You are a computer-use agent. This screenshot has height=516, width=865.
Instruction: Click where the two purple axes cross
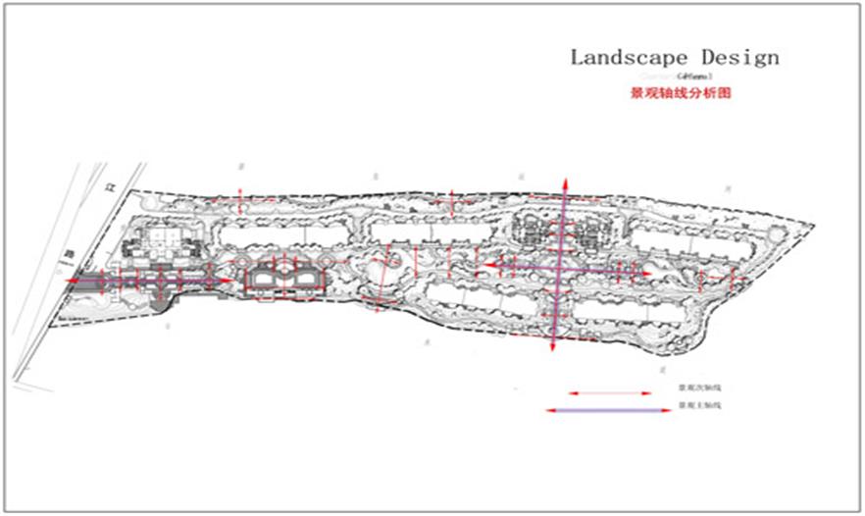(x=559, y=265)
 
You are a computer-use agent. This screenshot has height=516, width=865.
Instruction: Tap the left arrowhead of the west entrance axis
(x=71, y=281)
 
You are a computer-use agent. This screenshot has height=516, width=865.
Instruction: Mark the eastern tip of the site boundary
(x=813, y=224)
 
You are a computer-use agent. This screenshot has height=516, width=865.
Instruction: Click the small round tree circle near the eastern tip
(x=777, y=233)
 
